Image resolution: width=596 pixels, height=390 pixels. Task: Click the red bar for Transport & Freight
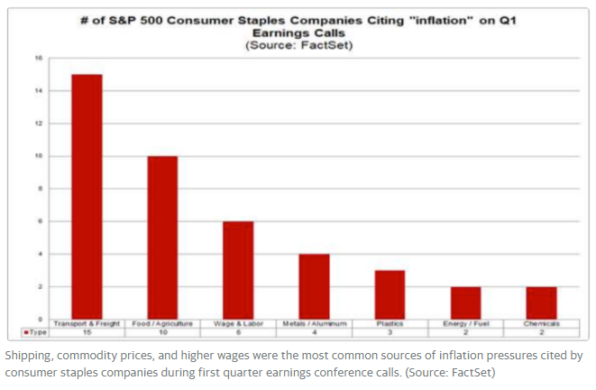(x=87, y=196)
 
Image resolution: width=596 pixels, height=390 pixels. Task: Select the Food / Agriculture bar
(x=163, y=237)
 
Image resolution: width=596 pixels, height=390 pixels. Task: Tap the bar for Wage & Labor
(x=238, y=269)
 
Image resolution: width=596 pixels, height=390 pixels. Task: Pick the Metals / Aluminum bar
(x=314, y=285)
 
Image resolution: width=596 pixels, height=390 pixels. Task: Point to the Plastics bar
(x=390, y=294)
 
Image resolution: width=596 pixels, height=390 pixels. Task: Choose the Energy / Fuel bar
(x=465, y=302)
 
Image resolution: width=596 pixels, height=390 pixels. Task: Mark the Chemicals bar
(x=541, y=302)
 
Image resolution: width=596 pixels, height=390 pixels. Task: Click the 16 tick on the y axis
(x=38, y=58)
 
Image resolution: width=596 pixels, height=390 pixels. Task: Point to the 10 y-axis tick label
(x=38, y=156)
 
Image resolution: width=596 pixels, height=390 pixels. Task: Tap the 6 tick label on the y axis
(x=39, y=221)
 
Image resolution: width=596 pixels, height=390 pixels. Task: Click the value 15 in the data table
(x=87, y=333)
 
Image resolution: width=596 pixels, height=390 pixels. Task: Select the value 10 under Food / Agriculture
(x=163, y=333)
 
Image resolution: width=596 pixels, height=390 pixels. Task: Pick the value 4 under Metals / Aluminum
(x=314, y=333)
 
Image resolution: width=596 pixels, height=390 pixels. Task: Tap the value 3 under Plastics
(x=390, y=333)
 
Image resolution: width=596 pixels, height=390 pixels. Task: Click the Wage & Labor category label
(x=238, y=323)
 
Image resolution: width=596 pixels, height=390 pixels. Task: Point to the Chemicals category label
(x=541, y=323)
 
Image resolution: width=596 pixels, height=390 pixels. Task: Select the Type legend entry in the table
(x=34, y=333)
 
